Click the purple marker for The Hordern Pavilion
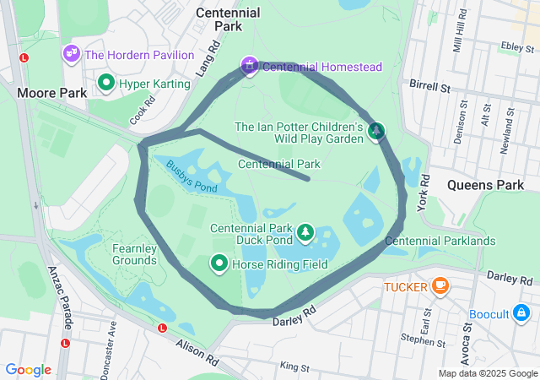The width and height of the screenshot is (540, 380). point(71,54)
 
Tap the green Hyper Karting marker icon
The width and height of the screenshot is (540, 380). point(106,83)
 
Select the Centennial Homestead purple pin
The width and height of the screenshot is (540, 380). point(249,65)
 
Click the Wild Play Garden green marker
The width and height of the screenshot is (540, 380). point(376,130)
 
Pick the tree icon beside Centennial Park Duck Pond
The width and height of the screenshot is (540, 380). point(305,231)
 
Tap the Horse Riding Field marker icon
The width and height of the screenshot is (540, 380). point(219,264)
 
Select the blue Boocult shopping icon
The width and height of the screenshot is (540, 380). point(523,314)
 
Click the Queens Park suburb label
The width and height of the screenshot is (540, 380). point(485,184)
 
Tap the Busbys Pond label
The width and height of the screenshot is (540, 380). point(192,176)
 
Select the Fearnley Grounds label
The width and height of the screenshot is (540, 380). point(135,254)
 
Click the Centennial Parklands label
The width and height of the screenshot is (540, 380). point(440,242)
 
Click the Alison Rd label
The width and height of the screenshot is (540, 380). point(197,352)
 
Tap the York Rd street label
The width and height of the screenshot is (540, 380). point(424,192)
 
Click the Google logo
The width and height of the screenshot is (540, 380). point(29,370)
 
